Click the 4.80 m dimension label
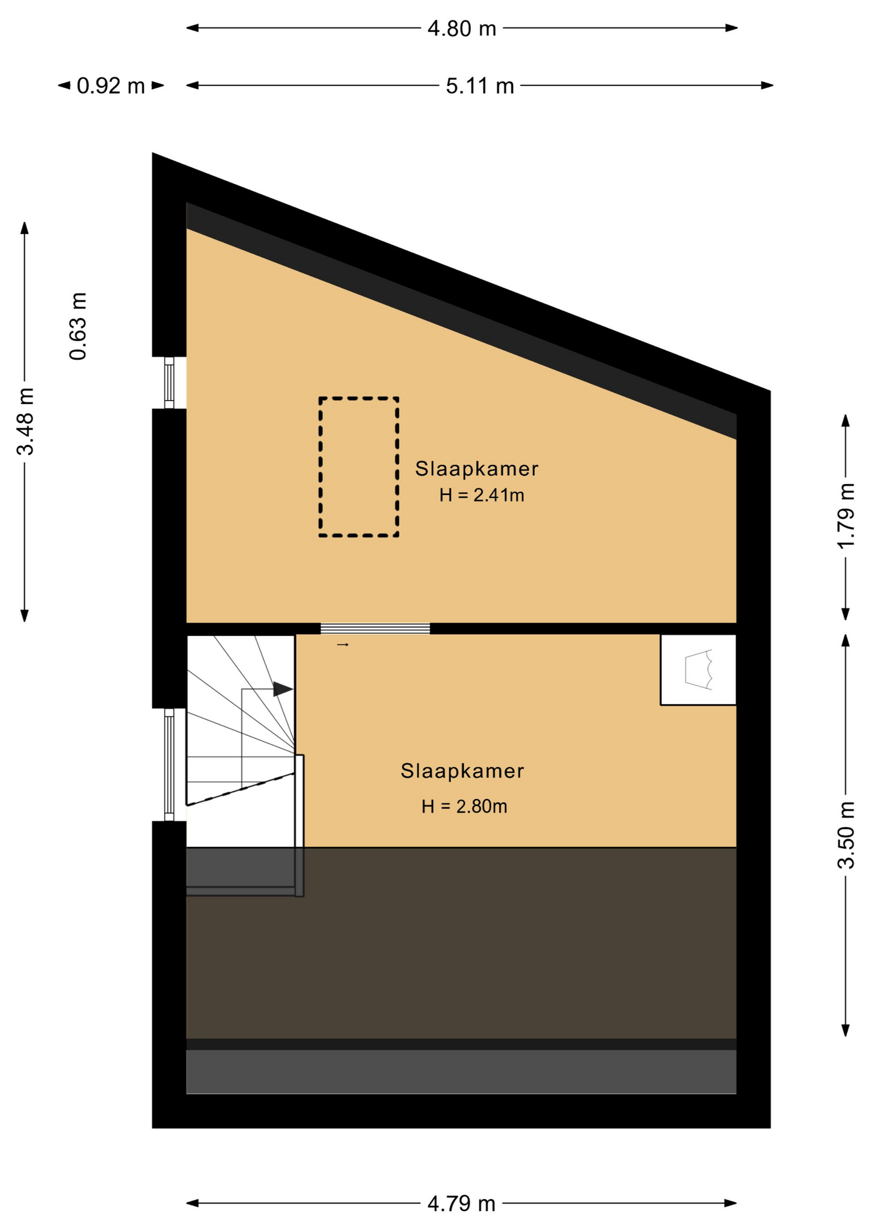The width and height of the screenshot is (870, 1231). [461, 29]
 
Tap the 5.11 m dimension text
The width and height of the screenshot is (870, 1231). [480, 86]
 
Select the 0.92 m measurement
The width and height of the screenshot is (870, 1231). [111, 86]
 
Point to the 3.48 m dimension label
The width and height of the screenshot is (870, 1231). [25, 421]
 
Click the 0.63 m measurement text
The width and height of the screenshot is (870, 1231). [78, 326]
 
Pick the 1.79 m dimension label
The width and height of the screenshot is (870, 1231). [846, 515]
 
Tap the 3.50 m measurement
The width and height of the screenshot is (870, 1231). [846, 835]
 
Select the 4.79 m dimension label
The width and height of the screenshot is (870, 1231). [461, 1204]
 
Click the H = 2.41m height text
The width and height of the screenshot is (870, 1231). [482, 495]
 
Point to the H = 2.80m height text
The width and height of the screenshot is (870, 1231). [464, 806]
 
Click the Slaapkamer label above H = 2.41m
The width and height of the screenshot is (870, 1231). [477, 469]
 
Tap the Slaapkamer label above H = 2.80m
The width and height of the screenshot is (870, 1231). [463, 771]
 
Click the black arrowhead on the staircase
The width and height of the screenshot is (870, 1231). [283, 689]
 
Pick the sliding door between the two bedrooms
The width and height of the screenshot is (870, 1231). [375, 628]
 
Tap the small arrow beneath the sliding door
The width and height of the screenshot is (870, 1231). [343, 644]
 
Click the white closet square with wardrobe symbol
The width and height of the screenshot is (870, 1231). [698, 670]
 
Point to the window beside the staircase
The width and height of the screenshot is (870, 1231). [169, 765]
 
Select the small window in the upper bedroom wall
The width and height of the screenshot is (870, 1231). [169, 382]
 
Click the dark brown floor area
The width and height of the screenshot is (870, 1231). [461, 942]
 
